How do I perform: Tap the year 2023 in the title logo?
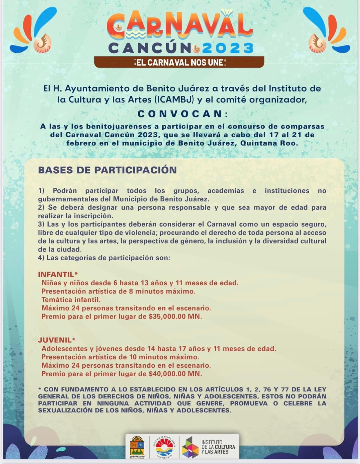point(228,48)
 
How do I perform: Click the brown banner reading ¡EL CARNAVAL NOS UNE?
point(179,62)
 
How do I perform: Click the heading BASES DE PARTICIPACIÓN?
point(108,170)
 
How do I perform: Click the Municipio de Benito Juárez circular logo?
point(164,447)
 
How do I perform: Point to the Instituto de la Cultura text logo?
point(218,447)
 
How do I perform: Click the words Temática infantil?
point(71,300)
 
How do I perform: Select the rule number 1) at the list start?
point(41,191)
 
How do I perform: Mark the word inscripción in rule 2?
point(99,216)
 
